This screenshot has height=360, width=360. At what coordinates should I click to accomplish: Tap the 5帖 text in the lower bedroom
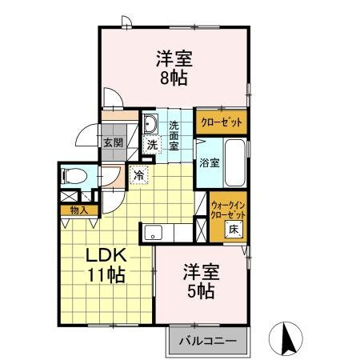pyautogui.click(x=202, y=291)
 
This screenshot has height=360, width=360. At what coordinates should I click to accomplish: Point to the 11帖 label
pyautogui.click(x=106, y=276)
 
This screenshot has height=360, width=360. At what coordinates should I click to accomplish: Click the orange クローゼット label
pyautogui.click(x=221, y=122)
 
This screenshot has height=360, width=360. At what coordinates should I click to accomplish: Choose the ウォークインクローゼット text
pyautogui.click(x=226, y=210)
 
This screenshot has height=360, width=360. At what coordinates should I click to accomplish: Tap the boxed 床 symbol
pyautogui.click(x=234, y=229)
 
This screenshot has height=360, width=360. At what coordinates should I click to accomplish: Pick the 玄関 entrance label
pyautogui.click(x=111, y=143)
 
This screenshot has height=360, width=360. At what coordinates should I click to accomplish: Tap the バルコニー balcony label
pyautogui.click(x=206, y=341)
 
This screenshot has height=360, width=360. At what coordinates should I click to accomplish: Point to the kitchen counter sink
pyautogui.click(x=154, y=234)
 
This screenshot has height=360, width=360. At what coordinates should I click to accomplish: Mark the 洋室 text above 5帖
pyautogui.click(x=202, y=271)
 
